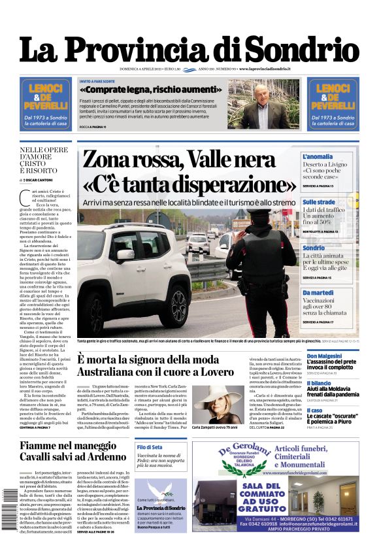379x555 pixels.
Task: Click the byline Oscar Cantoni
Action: click(x=39, y=179)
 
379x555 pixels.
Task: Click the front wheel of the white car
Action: click(x=178, y=305)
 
